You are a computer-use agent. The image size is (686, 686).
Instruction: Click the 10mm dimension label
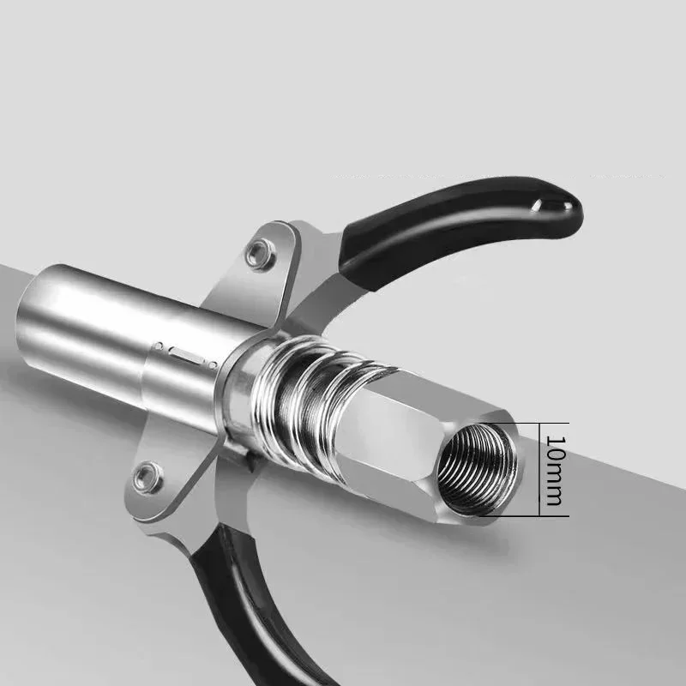coord(555,469)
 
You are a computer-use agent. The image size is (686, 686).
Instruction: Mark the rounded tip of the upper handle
coord(562,206)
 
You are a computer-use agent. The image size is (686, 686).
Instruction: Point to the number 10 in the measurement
coord(555,450)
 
